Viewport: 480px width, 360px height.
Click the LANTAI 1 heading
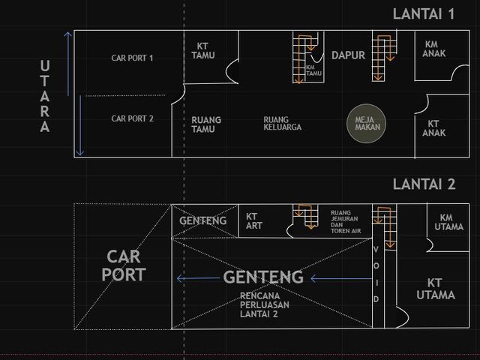424,14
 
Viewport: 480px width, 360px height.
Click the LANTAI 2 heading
424,184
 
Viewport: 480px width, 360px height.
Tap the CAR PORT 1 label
132,58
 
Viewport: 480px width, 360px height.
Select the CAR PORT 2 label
132,118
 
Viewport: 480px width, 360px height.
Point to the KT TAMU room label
203,51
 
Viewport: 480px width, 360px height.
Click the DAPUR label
348,55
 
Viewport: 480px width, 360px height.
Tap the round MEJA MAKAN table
367,123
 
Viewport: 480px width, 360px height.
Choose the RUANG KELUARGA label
282,123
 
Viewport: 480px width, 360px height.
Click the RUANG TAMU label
206,124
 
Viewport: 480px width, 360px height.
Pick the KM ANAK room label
433,49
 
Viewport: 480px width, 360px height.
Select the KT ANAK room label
433,128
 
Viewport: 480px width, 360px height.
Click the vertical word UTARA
45,96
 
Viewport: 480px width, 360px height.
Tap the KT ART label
254,221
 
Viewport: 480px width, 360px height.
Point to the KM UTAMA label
448,222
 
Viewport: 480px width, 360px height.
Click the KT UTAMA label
435,289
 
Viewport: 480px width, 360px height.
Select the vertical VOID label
376,274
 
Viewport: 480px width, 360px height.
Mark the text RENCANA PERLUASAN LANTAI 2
265,305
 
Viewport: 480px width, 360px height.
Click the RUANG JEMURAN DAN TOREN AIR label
346,222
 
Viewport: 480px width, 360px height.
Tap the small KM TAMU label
313,70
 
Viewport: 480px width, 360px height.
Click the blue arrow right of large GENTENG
341,278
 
